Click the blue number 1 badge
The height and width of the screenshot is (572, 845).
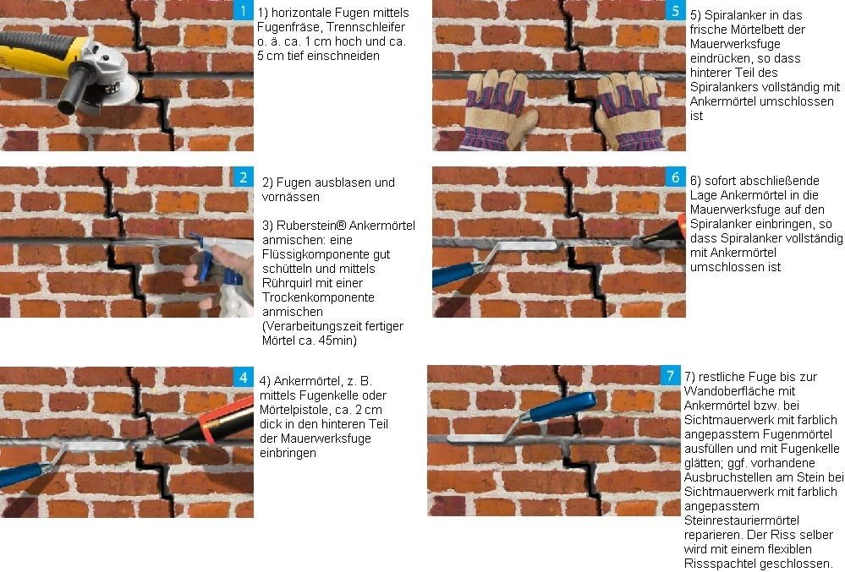pyautogui.click(x=244, y=10)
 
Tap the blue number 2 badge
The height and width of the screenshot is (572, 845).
pyautogui.click(x=243, y=177)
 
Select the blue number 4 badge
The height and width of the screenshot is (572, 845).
pyautogui.click(x=243, y=377)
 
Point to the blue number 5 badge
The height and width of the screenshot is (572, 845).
pyautogui.click(x=675, y=10)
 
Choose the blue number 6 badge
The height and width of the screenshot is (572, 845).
pyautogui.click(x=675, y=177)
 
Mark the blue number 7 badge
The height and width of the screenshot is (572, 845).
pyautogui.click(x=670, y=376)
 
